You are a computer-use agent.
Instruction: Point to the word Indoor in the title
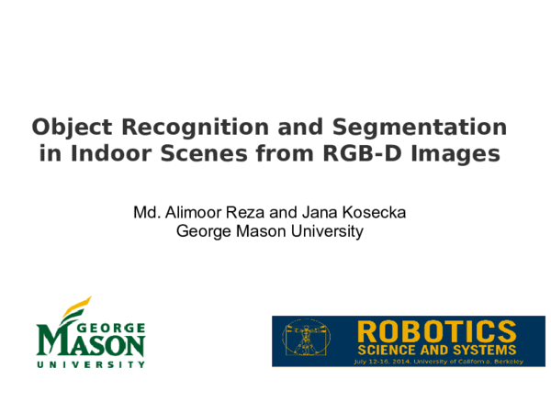coord(111,153)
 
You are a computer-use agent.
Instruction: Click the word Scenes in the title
coord(202,153)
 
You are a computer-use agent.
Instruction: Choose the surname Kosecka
coord(376,213)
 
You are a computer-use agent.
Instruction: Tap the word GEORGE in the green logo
coord(116,326)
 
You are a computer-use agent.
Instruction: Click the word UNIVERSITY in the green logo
coord(92,364)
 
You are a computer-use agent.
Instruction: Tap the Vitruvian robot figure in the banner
coord(307,340)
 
